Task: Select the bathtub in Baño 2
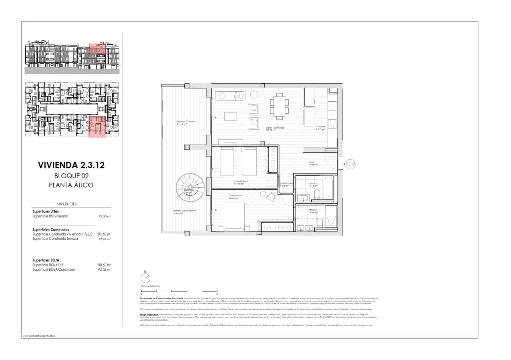pyautogui.click(x=328, y=187)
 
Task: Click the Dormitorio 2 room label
pyautogui.click(x=241, y=182)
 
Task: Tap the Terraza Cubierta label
pyautogui.click(x=186, y=122)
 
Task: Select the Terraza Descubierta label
pyautogui.click(x=184, y=211)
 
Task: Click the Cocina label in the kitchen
pyautogui.click(x=320, y=127)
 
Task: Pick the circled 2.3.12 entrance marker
pyautogui.click(x=350, y=164)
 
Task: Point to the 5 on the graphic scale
pyautogui.click(x=217, y=294)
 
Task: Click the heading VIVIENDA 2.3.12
pyautogui.click(x=71, y=165)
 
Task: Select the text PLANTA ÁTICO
pyautogui.click(x=71, y=185)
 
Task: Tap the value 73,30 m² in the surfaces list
pyautogui.click(x=105, y=216)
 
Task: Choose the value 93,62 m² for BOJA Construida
pyautogui.click(x=105, y=269)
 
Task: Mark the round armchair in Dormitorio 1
pyautogui.click(x=272, y=197)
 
